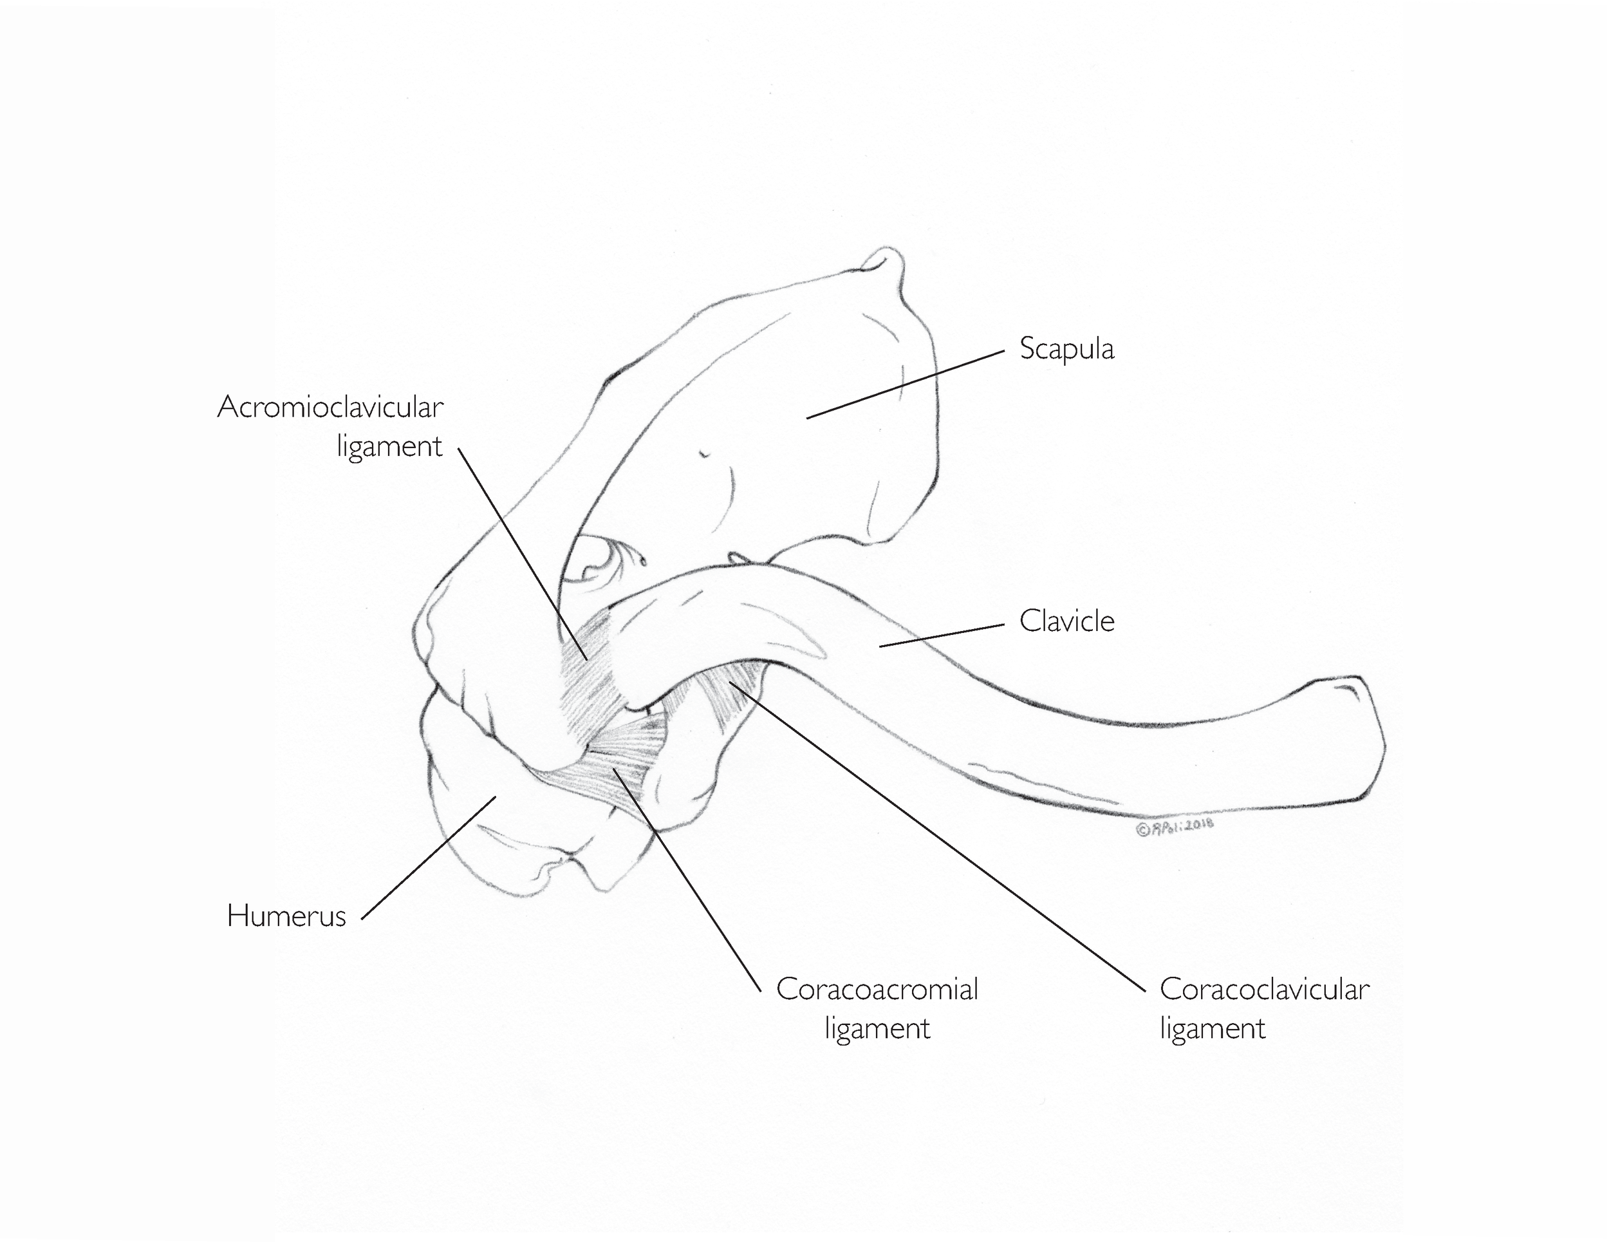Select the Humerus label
286,916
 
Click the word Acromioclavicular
330,407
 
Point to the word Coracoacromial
877,989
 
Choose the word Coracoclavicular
1264,989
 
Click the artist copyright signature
1175,827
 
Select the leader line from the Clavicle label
943,636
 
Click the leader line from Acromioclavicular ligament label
523,552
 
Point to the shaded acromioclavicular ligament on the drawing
590,685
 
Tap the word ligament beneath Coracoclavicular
1212,1028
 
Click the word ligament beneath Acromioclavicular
389,446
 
